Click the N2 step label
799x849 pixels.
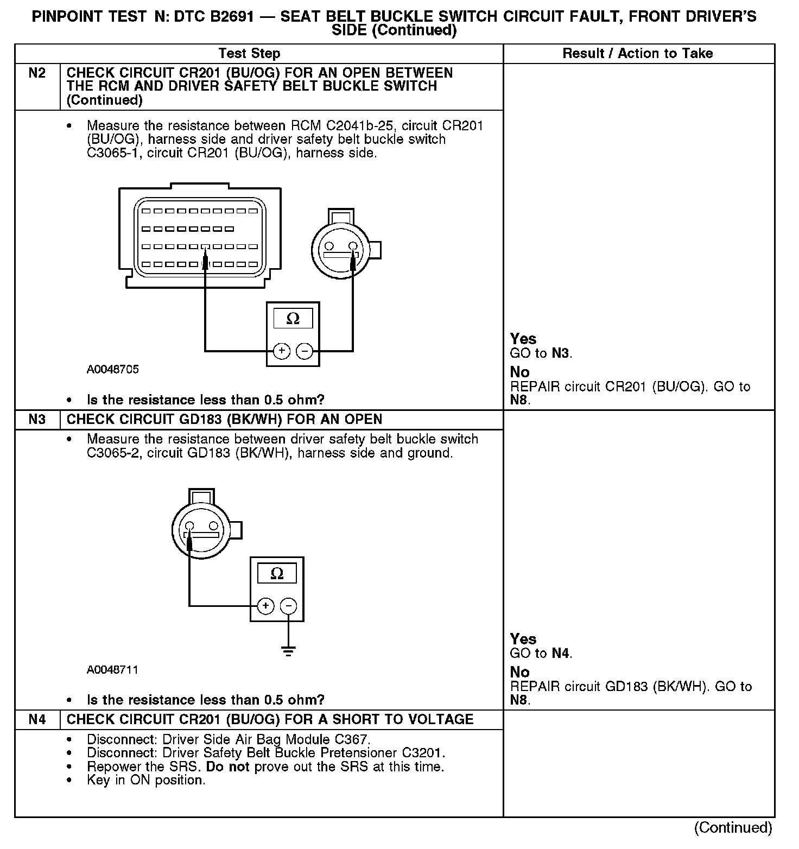(x=37, y=73)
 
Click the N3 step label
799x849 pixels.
(x=37, y=420)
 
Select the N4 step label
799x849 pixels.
(x=37, y=720)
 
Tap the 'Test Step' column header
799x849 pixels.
(x=249, y=54)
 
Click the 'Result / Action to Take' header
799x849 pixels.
(x=637, y=54)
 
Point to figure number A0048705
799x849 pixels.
(x=112, y=370)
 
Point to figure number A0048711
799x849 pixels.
(x=112, y=670)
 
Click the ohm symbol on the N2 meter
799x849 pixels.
(x=293, y=319)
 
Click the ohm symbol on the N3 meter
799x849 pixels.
(x=277, y=574)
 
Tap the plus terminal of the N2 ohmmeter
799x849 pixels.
(x=282, y=351)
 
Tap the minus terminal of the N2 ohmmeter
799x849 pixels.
(x=305, y=351)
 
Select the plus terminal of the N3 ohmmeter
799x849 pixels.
(x=265, y=606)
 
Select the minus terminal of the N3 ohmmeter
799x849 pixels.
(x=288, y=606)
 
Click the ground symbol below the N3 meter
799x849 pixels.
(x=289, y=651)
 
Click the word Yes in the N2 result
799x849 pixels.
(x=523, y=339)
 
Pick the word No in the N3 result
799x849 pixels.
(x=519, y=672)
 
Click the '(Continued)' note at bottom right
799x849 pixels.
(x=733, y=827)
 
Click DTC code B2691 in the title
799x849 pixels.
(x=223, y=17)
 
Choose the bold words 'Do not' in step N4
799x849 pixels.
(x=227, y=766)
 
